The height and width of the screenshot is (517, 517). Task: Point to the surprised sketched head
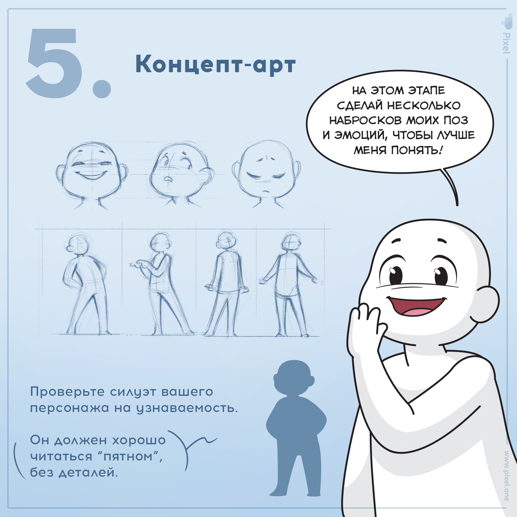pyautogui.click(x=180, y=175)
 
